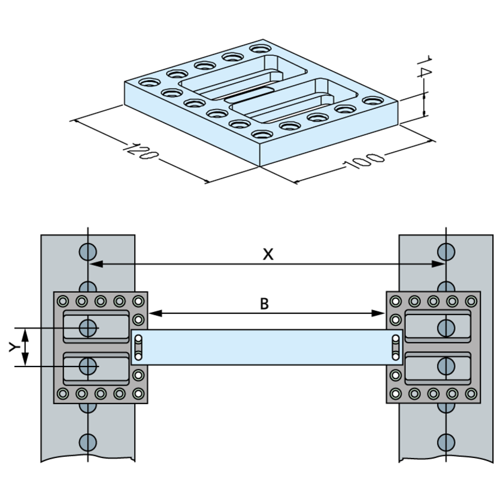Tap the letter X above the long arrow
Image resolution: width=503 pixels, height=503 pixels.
[268, 254]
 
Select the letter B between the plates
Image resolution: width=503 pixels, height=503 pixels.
[264, 304]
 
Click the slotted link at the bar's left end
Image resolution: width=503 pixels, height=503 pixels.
[138, 347]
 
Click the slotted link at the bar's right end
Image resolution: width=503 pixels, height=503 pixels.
[395, 347]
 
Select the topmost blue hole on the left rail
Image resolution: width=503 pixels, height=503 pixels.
[88, 250]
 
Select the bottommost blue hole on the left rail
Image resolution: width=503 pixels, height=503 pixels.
[88, 442]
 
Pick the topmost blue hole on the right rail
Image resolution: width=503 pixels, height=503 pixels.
[445, 250]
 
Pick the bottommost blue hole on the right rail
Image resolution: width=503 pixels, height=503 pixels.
[445, 442]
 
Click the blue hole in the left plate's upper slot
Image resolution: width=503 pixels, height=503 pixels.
[88, 328]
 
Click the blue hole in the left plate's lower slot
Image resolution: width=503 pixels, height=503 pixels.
[88, 365]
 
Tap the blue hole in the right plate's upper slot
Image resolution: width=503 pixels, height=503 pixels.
[445, 328]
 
